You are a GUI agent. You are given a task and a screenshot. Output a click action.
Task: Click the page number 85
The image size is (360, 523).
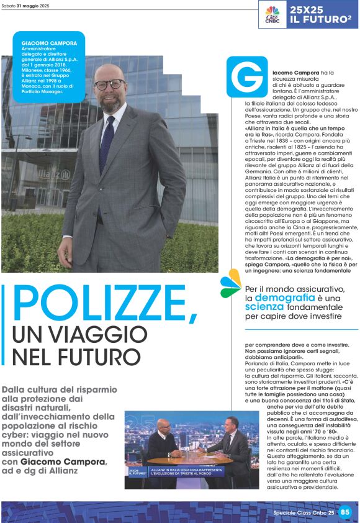[346, 512]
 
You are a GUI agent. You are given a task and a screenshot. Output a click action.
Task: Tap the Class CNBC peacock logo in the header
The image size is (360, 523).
[272, 14]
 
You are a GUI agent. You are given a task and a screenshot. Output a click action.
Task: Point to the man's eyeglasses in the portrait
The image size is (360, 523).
[110, 84]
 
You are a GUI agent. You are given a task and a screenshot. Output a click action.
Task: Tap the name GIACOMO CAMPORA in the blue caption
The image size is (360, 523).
[50, 43]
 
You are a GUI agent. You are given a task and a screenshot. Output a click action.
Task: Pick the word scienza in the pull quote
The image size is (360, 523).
[264, 306]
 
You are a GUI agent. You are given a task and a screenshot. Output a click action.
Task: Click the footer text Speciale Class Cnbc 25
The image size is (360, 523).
[304, 512]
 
